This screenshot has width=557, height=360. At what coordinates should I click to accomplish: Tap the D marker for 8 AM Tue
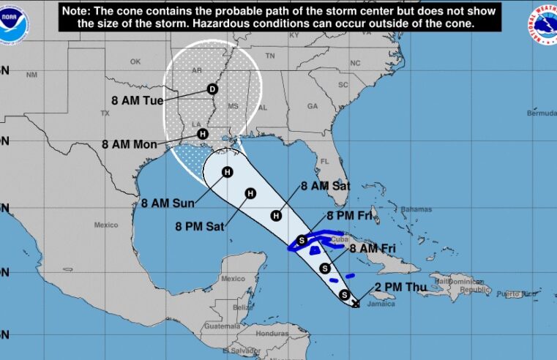tap(213, 89)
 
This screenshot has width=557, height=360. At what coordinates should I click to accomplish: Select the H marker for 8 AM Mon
tap(203, 134)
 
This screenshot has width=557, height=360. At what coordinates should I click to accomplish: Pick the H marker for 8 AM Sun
tap(228, 172)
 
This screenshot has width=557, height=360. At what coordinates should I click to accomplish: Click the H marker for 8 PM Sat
tap(250, 194)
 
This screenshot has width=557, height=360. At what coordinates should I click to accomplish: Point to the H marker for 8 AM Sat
tap(277, 215)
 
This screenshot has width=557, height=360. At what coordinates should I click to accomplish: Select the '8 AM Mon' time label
tap(130, 144)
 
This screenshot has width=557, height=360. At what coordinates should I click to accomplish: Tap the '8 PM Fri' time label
tap(351, 215)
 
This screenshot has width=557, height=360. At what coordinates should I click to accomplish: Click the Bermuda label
tap(541, 113)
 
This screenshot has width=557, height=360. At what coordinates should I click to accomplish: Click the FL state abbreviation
tap(329, 160)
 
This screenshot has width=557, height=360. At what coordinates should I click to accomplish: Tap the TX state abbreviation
tap(104, 113)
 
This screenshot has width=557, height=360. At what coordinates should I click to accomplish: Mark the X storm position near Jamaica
tap(356, 304)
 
